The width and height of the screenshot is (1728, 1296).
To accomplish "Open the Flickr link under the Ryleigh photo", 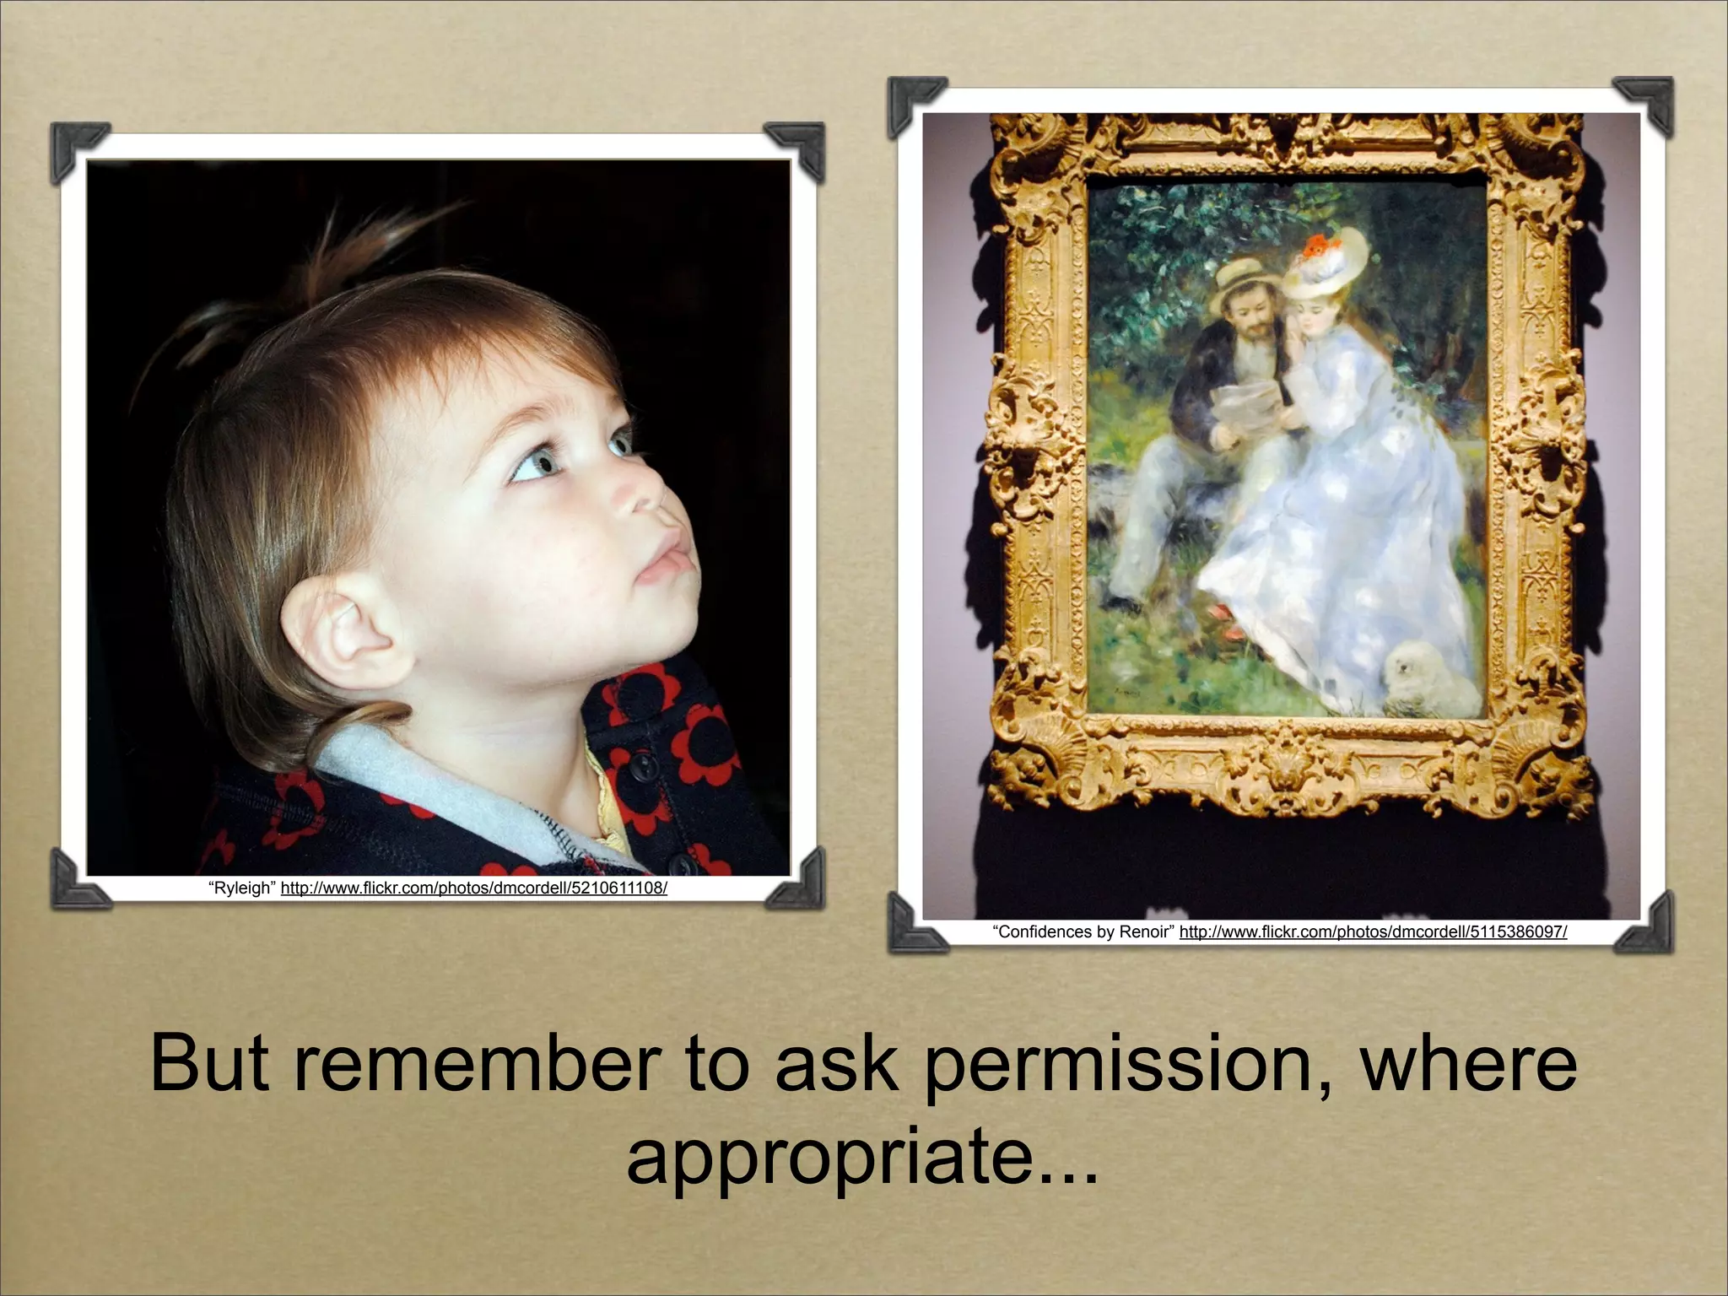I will click(473, 888).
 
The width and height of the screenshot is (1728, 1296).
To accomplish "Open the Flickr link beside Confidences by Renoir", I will click(1373, 931).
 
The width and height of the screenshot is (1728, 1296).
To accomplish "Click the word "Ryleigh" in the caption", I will click(243, 888).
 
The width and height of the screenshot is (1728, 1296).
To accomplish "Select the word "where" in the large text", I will click(1468, 1064).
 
